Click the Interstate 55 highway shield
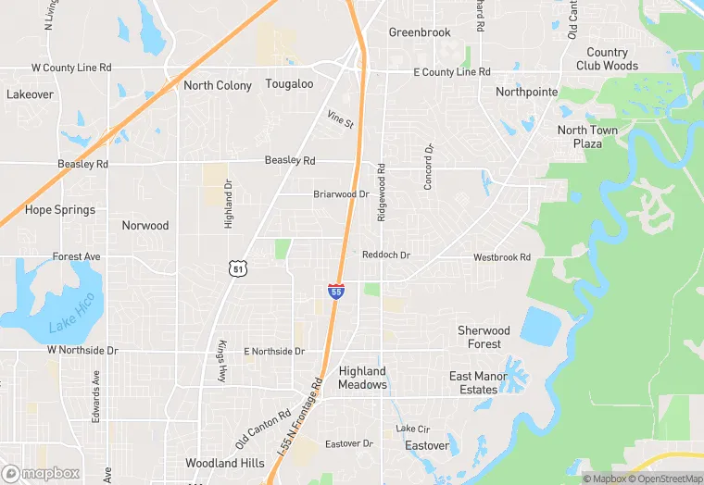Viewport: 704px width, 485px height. (x=336, y=291)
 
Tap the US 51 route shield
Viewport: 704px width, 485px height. (x=238, y=268)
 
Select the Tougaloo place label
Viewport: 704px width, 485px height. (x=290, y=84)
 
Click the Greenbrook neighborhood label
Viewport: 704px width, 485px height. (x=420, y=32)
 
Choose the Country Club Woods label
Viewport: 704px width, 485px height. (x=607, y=59)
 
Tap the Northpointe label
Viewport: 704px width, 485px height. (x=527, y=92)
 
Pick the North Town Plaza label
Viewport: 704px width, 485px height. (x=587, y=137)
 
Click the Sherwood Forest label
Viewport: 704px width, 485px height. (x=484, y=337)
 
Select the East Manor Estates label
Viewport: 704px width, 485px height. (x=478, y=383)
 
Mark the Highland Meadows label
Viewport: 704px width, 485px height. (x=362, y=378)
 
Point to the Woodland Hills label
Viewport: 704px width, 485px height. (x=224, y=463)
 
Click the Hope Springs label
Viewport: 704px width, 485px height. (x=60, y=210)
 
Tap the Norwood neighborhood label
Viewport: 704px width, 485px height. (x=145, y=225)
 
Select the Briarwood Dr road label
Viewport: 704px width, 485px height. (x=341, y=194)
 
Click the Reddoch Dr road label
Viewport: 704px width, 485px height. (x=385, y=255)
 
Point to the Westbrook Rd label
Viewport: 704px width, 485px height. (x=501, y=256)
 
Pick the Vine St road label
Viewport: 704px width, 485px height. (x=340, y=119)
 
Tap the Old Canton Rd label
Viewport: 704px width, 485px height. (x=263, y=427)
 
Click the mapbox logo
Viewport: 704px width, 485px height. (x=41, y=473)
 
